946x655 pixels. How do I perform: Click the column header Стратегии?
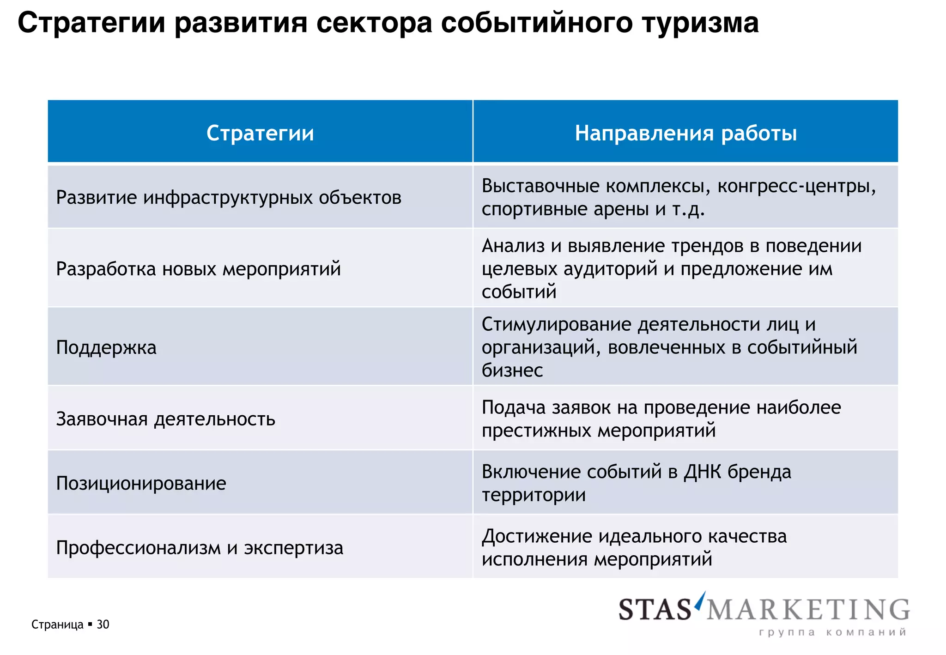click(260, 133)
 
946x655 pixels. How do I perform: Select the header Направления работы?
click(685, 133)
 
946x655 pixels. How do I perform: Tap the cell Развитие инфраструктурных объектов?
click(229, 198)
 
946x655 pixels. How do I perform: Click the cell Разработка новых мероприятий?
click(198, 269)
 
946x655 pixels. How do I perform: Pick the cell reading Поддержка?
click(106, 347)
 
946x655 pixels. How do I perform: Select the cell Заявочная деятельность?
click(165, 419)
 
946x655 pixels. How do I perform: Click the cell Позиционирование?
click(141, 483)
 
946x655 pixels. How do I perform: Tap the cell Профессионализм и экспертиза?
click(200, 548)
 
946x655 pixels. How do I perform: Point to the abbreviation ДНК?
click(703, 472)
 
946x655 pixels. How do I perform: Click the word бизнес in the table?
click(512, 370)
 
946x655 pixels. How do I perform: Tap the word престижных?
click(537, 431)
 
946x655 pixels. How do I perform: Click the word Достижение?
click(537, 536)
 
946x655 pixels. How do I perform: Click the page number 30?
click(103, 625)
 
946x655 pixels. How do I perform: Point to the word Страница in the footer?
click(57, 625)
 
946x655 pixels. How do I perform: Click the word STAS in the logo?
click(655, 609)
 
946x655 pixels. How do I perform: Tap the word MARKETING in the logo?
click(808, 609)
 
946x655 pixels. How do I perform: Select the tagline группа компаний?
click(832, 632)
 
